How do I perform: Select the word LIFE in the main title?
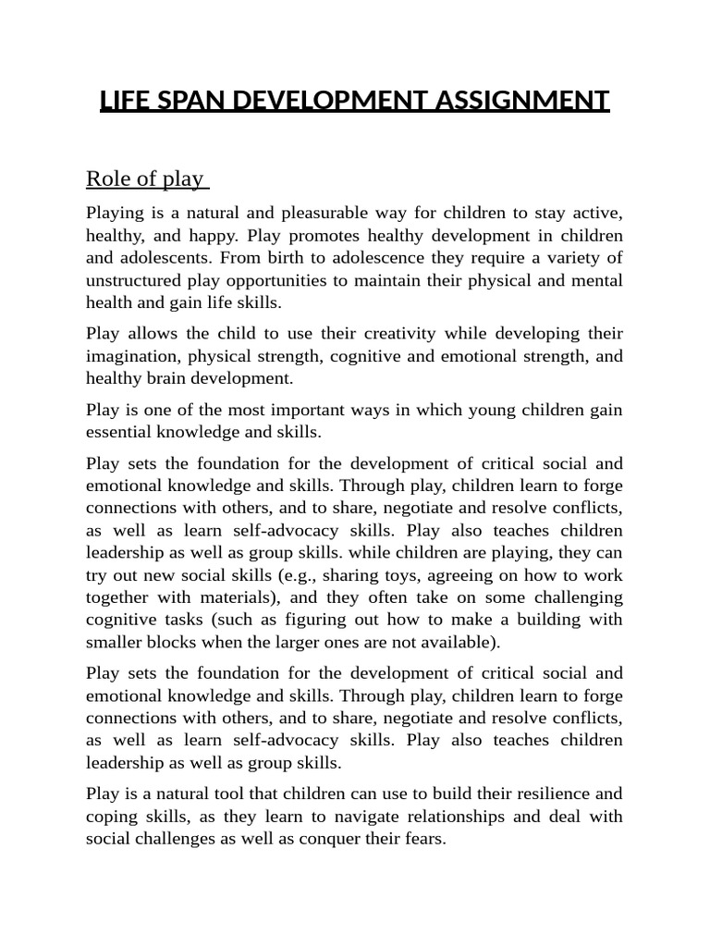tap(123, 100)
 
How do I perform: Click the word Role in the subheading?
tap(107, 178)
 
